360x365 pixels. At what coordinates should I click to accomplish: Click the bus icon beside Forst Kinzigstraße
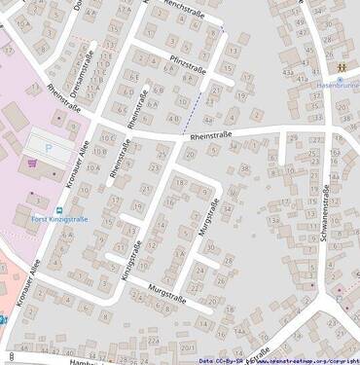pos(58,208)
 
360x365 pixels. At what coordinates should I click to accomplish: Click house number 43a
pos(287,73)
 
